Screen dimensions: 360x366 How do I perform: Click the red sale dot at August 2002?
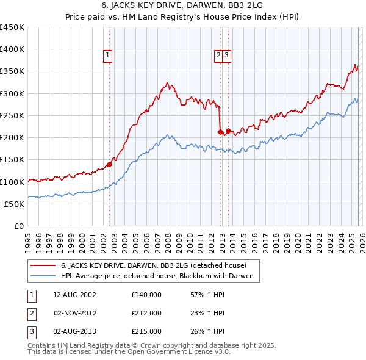(x=110, y=164)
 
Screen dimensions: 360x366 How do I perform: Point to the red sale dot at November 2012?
(x=220, y=132)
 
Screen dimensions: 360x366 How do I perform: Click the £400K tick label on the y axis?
(x=12, y=49)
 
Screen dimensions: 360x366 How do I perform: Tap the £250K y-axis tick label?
(x=12, y=115)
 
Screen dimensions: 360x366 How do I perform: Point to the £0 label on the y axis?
(x=20, y=226)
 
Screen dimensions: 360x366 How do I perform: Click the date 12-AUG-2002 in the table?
(x=74, y=294)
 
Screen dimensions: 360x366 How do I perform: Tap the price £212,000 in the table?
(x=146, y=313)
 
